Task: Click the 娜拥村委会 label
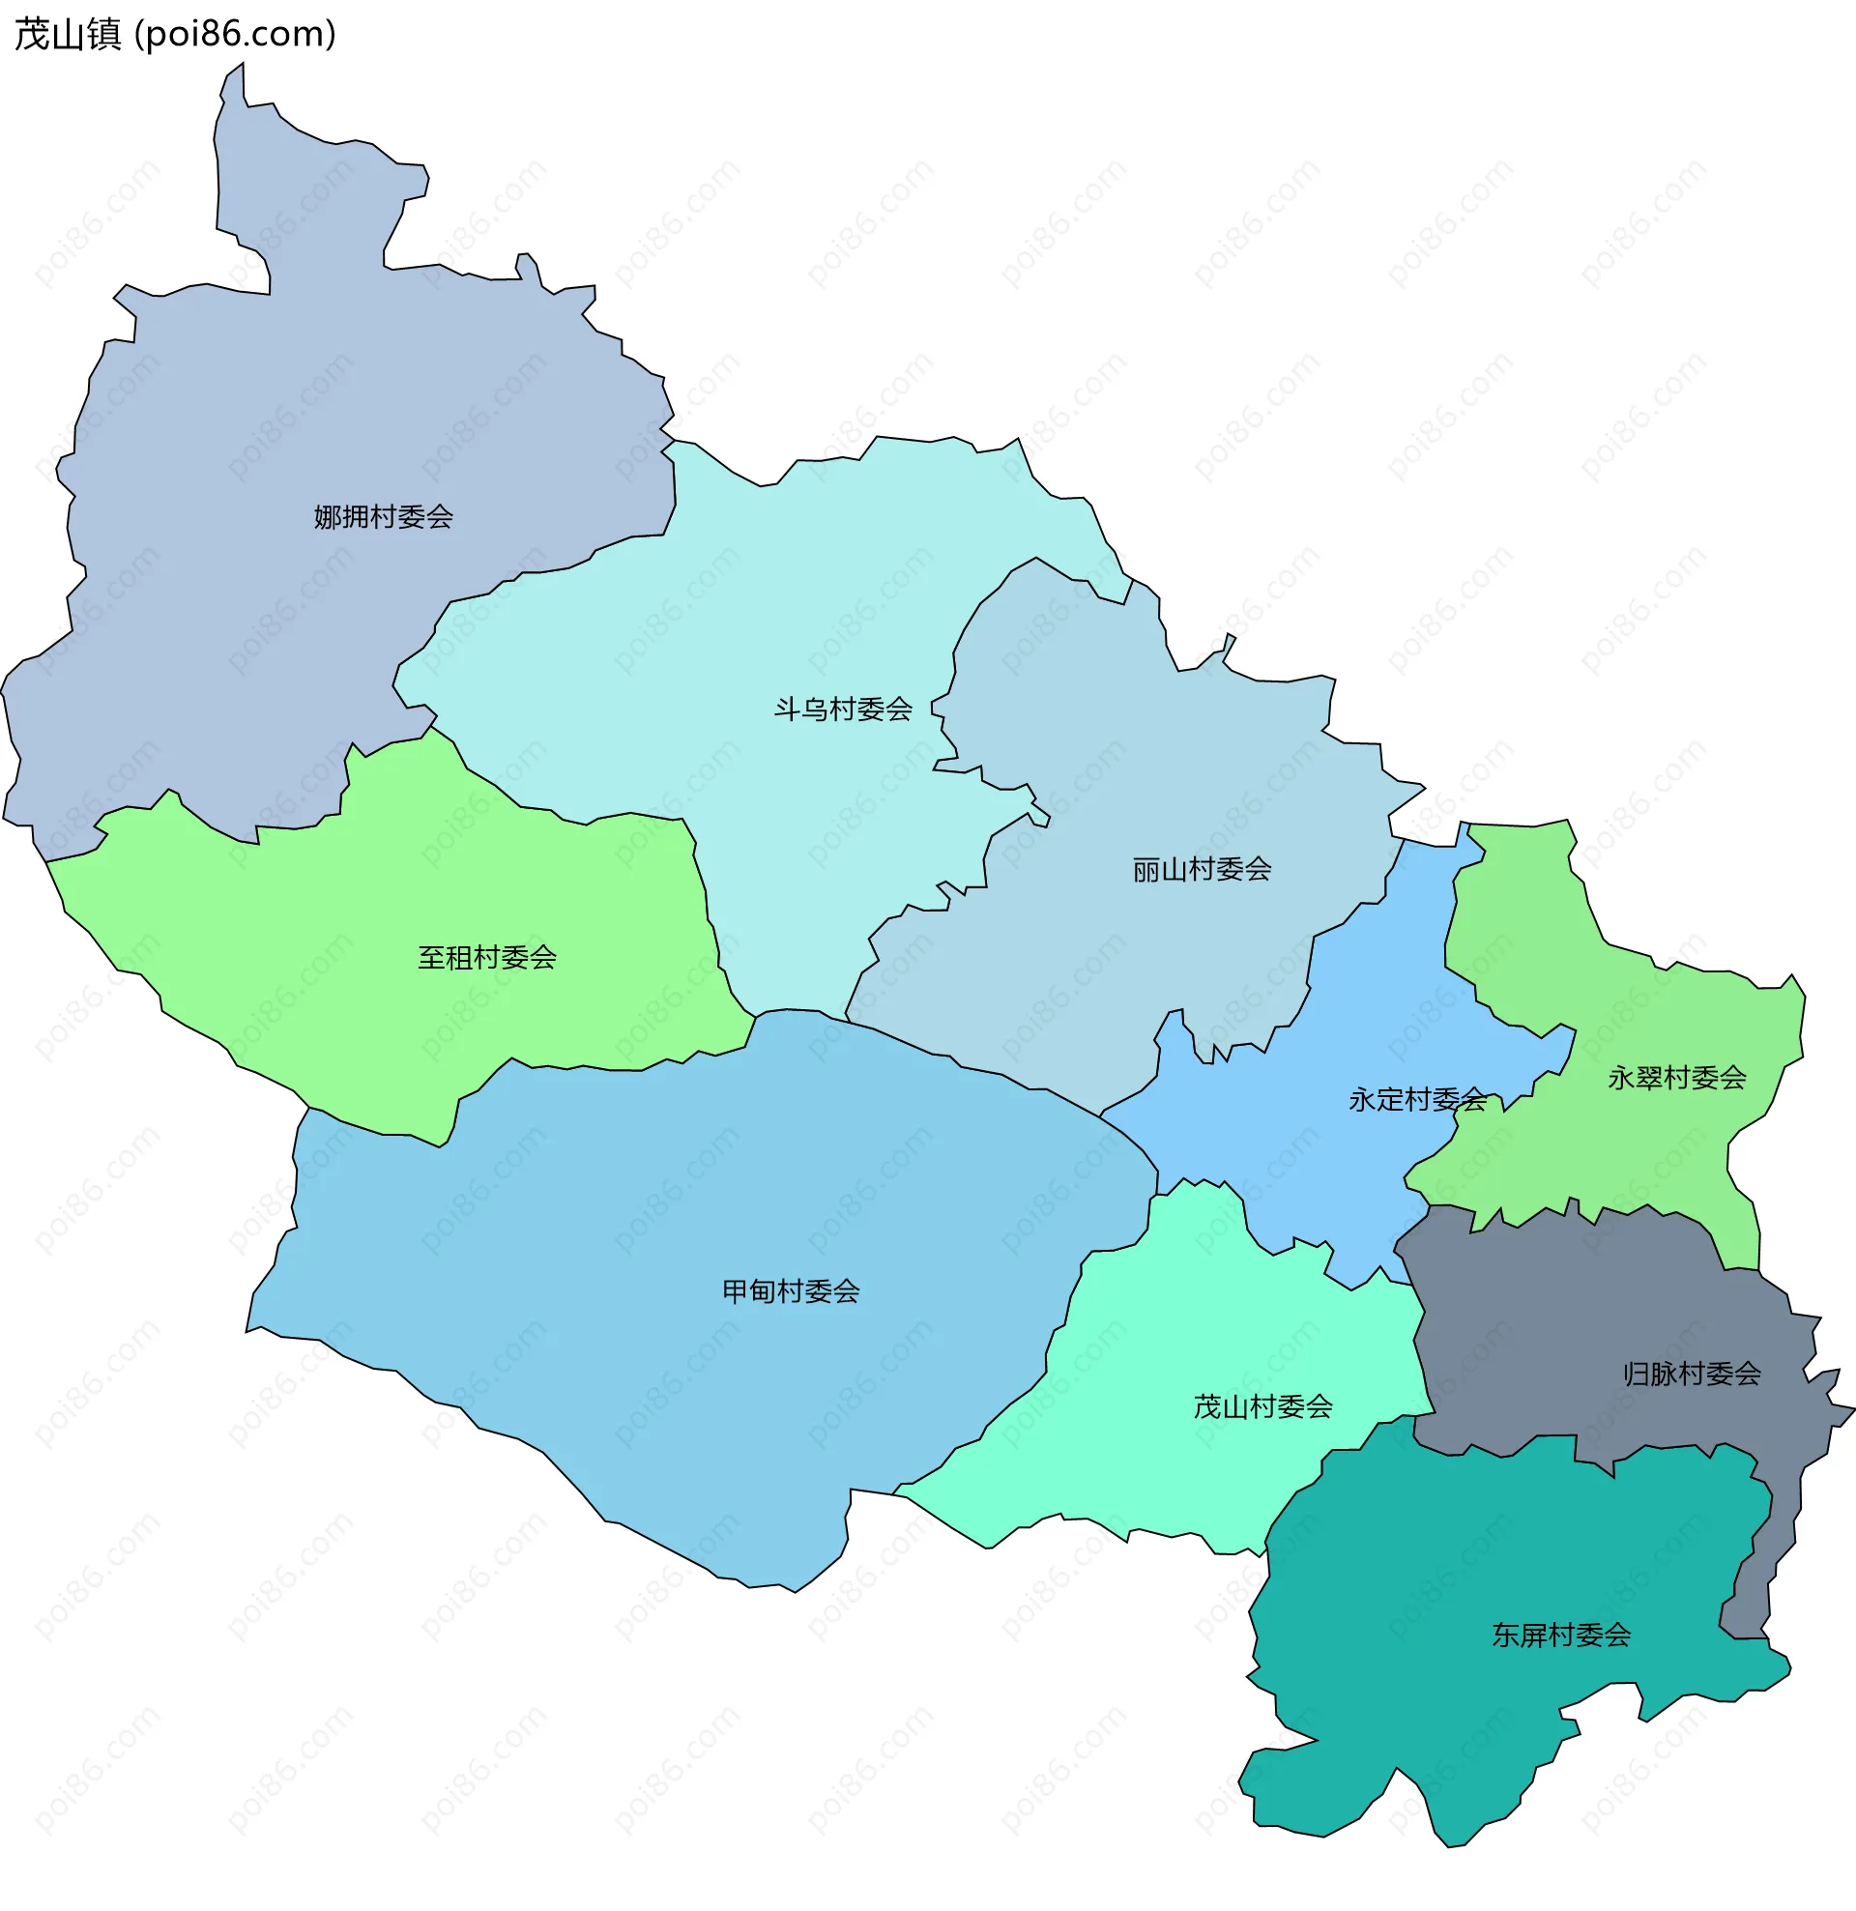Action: pos(384,517)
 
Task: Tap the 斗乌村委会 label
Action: pos(843,709)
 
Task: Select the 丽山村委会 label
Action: pos(1202,869)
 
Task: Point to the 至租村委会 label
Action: pos(486,958)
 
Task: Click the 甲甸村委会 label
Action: pos(790,1291)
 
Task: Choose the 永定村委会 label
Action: pos(1416,1100)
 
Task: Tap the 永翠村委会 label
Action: pos(1676,1078)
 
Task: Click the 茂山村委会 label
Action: pos(1263,1406)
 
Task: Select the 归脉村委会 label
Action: pos(1692,1374)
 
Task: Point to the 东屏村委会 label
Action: pos(1560,1636)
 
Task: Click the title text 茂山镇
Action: pos(69,34)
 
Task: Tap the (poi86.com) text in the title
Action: pos(235,34)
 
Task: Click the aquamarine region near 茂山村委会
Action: pos(1171,1462)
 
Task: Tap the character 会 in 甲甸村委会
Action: pos(847,1291)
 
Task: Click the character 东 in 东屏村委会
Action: pos(1505,1636)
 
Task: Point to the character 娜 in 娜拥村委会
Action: pos(327,517)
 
